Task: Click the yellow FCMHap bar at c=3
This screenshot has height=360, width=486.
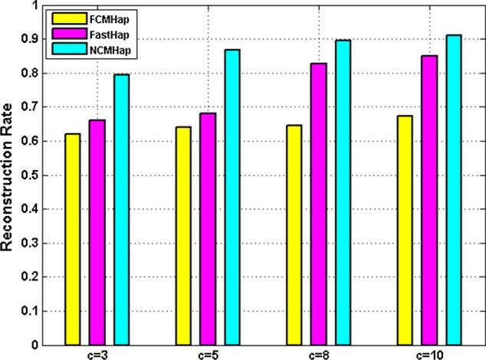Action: (72, 239)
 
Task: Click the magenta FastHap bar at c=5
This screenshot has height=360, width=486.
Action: (208, 229)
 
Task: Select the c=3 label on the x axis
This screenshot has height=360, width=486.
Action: (97, 354)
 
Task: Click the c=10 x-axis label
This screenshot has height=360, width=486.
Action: (429, 354)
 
